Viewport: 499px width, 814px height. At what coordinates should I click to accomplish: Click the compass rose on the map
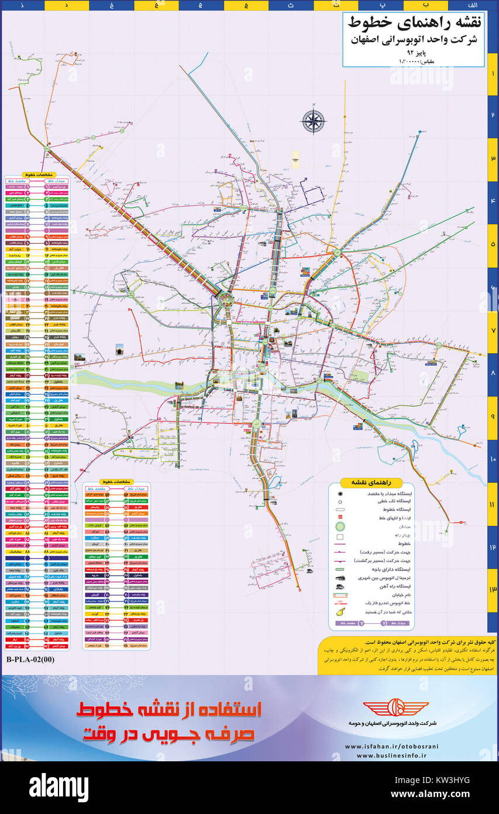click(314, 121)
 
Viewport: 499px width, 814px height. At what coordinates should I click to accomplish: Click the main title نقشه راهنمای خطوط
click(415, 23)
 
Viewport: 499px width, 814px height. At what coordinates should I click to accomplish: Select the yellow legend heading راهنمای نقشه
click(371, 483)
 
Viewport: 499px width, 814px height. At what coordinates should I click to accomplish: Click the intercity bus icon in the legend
click(340, 577)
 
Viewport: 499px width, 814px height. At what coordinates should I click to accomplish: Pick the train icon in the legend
click(340, 586)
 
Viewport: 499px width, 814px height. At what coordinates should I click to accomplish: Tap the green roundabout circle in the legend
click(340, 526)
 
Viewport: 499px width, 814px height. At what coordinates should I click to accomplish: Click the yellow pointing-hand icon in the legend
click(340, 612)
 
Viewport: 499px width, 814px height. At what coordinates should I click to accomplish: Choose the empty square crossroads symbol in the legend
click(340, 536)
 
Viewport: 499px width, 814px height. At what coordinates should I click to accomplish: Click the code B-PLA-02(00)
click(30, 659)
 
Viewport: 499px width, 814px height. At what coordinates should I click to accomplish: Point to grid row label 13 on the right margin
click(493, 590)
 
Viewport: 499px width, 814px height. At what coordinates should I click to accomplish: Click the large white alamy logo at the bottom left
click(58, 786)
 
